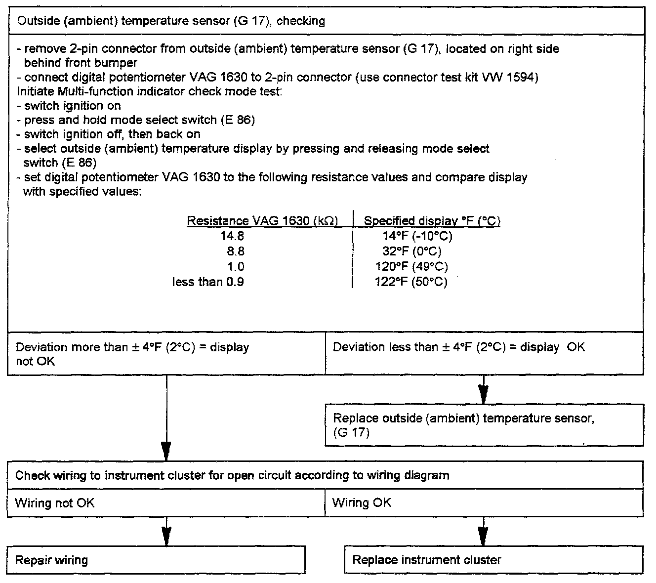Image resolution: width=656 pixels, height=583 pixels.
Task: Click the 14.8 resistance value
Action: [x=232, y=236]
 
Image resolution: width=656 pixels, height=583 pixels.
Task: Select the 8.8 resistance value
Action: [x=235, y=251]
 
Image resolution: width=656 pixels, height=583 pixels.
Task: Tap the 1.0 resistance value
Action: [x=235, y=267]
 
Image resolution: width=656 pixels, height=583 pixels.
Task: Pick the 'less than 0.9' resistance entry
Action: [x=208, y=282]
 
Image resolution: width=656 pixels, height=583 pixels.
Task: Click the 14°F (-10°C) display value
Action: [x=417, y=236]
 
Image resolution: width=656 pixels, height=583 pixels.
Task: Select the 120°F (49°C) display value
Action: [x=411, y=267]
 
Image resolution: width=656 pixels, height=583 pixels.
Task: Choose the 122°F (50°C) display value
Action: [x=411, y=282]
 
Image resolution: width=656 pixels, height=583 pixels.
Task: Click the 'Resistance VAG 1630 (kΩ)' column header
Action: [x=262, y=221]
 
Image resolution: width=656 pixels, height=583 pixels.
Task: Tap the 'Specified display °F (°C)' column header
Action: [x=432, y=221]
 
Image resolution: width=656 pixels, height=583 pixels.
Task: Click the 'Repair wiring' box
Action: [x=156, y=560]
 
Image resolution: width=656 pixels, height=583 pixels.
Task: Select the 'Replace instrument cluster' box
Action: [x=493, y=560]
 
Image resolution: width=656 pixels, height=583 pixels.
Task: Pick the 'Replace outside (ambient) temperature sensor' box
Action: [x=484, y=425]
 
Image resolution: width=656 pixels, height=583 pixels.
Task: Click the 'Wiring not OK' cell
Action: [x=166, y=503]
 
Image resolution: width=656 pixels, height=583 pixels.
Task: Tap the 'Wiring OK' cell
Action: [x=484, y=503]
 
